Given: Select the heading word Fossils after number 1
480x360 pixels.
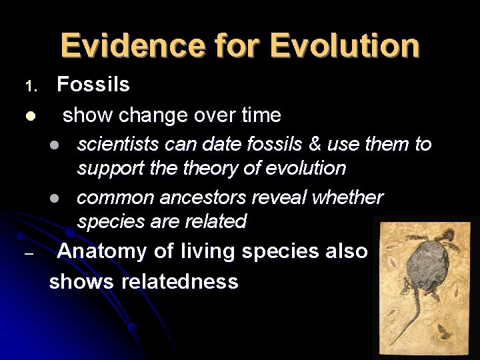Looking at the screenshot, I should click(x=93, y=85).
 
